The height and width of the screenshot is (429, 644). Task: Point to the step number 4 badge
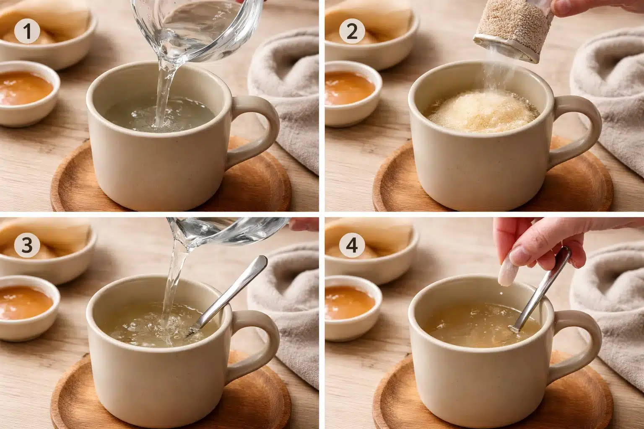(351, 246)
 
